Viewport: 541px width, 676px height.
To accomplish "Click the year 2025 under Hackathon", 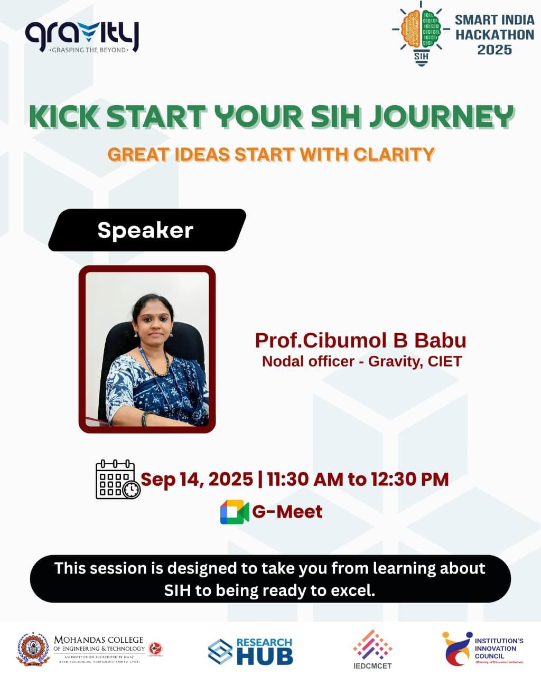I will (495, 50).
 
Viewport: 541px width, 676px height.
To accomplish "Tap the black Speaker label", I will (146, 230).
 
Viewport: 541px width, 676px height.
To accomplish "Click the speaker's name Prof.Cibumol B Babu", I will (360, 340).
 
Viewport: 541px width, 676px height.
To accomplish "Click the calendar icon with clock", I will (117, 480).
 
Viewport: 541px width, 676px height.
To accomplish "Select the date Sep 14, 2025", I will (197, 480).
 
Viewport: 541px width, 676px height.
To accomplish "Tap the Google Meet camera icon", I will (234, 512).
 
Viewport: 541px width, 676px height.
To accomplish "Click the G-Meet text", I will (287, 512).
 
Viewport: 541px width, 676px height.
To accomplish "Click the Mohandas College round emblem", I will (33, 649).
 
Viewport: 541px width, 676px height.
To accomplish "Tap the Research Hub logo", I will (250, 651).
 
